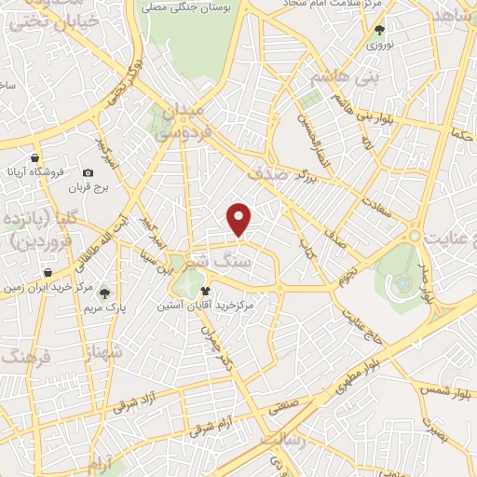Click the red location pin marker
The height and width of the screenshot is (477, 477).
[240, 219]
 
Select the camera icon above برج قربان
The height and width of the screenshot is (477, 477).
[88, 172]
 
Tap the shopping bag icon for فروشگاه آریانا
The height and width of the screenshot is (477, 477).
[34, 157]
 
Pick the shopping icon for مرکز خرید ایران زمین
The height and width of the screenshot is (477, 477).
[47, 272]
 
